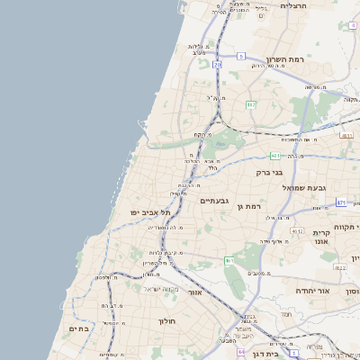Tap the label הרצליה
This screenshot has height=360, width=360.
click(x=293, y=6)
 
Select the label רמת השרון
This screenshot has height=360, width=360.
click(x=267, y=59)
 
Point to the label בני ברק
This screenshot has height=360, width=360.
click(x=269, y=171)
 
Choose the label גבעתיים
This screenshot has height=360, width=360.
click(x=216, y=201)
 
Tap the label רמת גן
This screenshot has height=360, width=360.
click(x=248, y=207)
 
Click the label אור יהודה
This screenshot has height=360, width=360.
click(x=312, y=292)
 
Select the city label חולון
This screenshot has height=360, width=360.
click(x=169, y=320)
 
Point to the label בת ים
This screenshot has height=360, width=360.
click(x=78, y=329)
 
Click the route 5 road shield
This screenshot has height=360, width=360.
click(x=241, y=56)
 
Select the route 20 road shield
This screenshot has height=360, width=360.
click(x=217, y=64)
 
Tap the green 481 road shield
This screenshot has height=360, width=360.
click(x=274, y=155)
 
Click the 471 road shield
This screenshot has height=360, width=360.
click(x=341, y=203)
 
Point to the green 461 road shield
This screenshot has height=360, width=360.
click(x=229, y=261)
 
